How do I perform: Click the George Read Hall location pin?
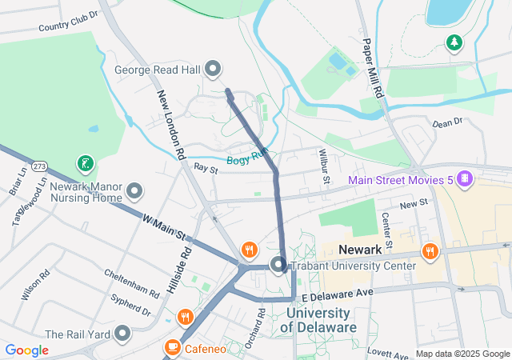click(x=213, y=70)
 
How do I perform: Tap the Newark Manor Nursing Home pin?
click(x=134, y=191)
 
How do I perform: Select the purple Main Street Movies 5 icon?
click(x=464, y=178)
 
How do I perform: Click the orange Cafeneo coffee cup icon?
click(x=171, y=348)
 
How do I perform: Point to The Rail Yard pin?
click(x=122, y=333)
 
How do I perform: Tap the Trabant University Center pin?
click(x=278, y=265)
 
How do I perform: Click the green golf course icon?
click(x=85, y=165)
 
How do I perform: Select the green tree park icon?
click(x=455, y=42)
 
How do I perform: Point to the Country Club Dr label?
click(x=68, y=22)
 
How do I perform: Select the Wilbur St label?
click(x=325, y=165)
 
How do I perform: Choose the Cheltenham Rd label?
click(x=131, y=284)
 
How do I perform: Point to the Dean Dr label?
click(x=447, y=122)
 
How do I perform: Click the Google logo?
click(x=27, y=350)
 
